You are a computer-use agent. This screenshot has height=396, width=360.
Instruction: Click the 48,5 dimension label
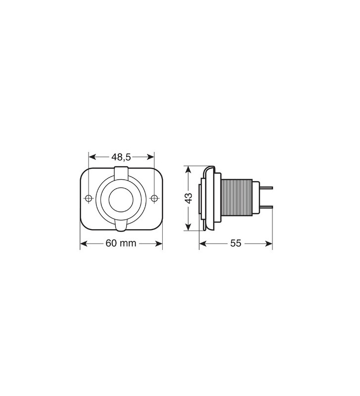[x=121, y=157]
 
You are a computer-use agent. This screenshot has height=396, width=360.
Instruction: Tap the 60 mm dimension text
[x=121, y=244]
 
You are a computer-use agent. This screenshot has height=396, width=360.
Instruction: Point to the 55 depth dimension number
[x=235, y=244]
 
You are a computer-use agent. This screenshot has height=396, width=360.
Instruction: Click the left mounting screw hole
[x=89, y=198]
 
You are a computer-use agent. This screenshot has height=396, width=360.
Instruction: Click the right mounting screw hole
[x=154, y=198]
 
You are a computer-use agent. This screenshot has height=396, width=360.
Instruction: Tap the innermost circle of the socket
[x=121, y=198]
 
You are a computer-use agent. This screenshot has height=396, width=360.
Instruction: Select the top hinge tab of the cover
[x=121, y=172]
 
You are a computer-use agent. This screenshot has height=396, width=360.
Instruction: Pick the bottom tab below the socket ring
[x=121, y=226]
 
